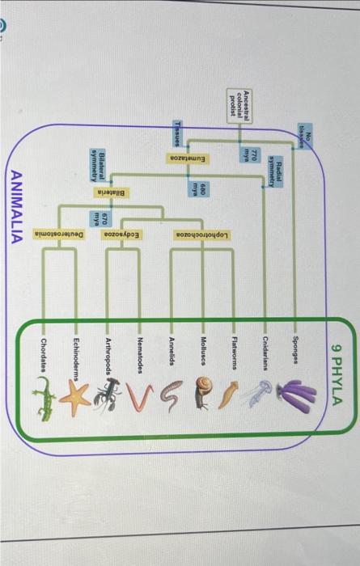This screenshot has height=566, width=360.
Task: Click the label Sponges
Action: (x=299, y=349)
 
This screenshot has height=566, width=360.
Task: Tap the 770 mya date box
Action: (x=252, y=153)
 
